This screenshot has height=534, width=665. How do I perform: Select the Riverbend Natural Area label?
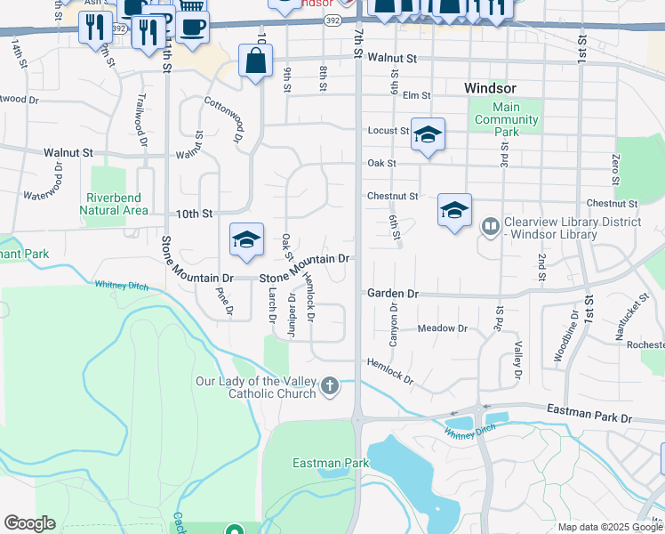[x=113, y=204]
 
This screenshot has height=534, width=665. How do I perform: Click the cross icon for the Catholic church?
[x=330, y=385]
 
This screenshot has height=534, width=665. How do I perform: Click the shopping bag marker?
[x=255, y=61]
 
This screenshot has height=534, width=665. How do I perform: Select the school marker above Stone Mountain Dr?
[x=246, y=239]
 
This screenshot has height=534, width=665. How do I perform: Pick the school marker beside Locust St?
[x=428, y=134]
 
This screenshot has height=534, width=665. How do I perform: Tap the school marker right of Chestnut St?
[x=454, y=210]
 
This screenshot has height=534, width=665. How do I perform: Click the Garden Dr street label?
[x=392, y=293]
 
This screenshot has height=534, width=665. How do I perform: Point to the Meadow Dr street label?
[x=442, y=328]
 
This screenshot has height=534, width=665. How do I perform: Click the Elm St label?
[x=416, y=95]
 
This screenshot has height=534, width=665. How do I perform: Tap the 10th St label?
[x=194, y=214]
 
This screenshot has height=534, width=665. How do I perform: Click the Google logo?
[x=29, y=523]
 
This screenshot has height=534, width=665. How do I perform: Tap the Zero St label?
[x=615, y=166]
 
